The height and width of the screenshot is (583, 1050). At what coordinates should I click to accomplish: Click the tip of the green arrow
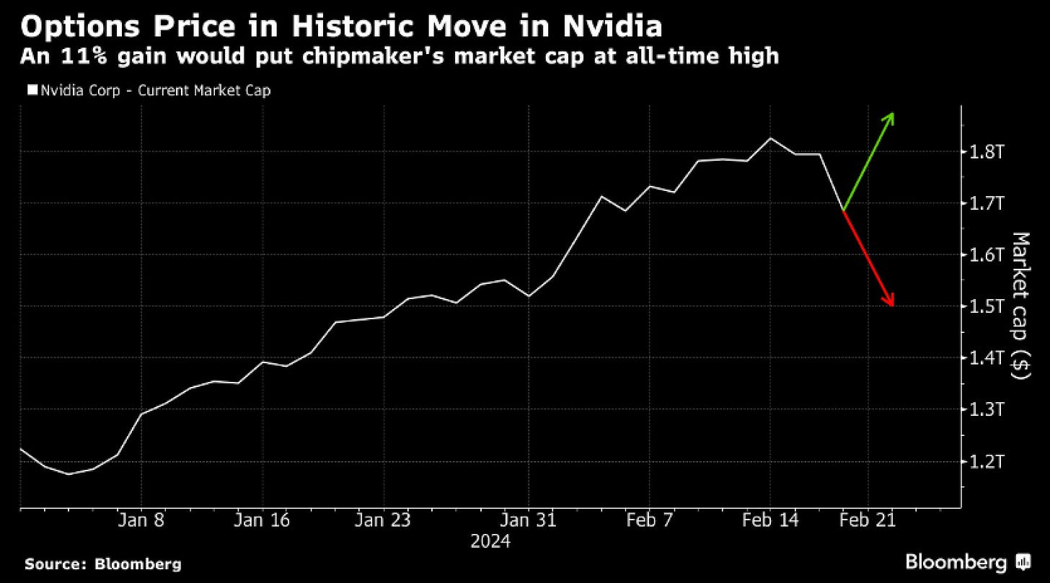pyautogui.click(x=893, y=113)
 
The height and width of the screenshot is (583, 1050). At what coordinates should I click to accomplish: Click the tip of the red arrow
pyautogui.click(x=894, y=306)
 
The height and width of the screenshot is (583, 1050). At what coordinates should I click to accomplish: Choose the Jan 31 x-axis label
pyautogui.click(x=529, y=520)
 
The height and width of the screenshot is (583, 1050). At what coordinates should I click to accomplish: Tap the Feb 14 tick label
pyautogui.click(x=770, y=520)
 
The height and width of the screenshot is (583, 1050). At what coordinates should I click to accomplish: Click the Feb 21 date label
pyautogui.click(x=868, y=520)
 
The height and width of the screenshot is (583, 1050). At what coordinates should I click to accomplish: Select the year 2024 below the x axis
pyautogui.click(x=490, y=541)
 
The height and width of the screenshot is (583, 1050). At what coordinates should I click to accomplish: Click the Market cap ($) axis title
pyautogui.click(x=1020, y=306)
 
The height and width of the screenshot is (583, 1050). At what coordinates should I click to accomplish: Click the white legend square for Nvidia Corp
pyautogui.click(x=31, y=91)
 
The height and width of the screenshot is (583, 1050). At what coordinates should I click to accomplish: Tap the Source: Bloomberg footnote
pyautogui.click(x=103, y=564)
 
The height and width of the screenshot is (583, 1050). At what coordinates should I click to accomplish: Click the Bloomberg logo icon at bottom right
pyautogui.click(x=1023, y=562)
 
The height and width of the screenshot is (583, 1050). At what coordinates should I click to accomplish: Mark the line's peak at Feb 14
pyautogui.click(x=770, y=138)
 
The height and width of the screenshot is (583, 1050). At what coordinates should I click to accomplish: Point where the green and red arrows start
pyautogui.click(x=843, y=211)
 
